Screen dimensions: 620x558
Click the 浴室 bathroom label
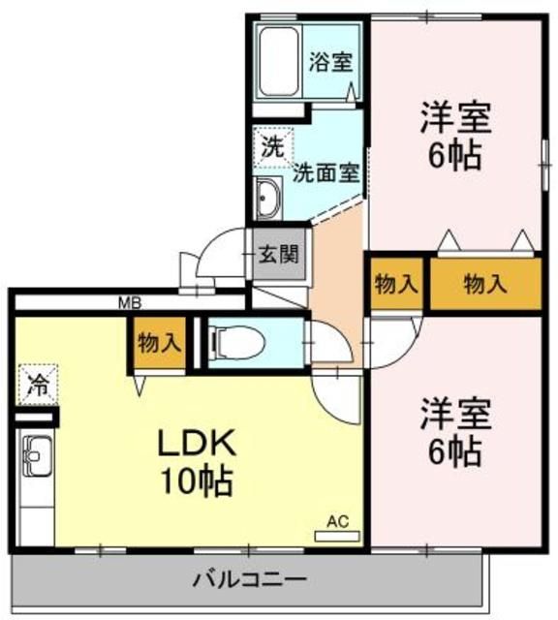tap(330, 63)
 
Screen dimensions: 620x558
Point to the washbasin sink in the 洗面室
tap(268, 201)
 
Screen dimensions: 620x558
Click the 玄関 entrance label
tap(279, 257)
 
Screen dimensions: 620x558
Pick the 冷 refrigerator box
tap(36, 384)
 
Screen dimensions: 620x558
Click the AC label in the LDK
tap(336, 521)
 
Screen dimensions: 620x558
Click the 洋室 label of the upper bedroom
tap(455, 118)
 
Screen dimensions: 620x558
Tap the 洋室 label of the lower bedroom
tap(455, 414)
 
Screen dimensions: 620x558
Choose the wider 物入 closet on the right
tap(484, 285)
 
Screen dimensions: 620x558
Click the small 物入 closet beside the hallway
tap(395, 285)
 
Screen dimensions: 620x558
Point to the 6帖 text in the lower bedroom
tap(455, 449)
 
